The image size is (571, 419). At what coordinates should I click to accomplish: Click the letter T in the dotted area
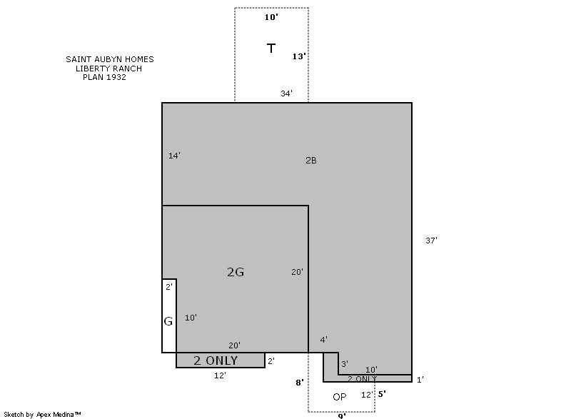(271, 48)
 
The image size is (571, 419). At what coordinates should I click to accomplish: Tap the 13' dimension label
(299, 56)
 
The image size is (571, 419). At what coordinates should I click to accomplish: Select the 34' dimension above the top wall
(286, 94)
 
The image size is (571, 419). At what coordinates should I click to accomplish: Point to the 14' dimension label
(174, 156)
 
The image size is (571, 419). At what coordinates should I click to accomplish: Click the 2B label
(311, 160)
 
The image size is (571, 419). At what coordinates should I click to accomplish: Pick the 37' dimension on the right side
(432, 241)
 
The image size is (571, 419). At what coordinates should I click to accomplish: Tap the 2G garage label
(236, 272)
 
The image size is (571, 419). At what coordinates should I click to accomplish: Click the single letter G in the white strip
(168, 321)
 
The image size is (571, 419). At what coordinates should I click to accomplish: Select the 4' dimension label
(323, 340)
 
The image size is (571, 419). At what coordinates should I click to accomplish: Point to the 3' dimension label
(345, 363)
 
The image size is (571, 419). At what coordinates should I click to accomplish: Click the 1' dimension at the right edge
(420, 380)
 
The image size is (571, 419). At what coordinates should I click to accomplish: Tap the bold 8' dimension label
(299, 383)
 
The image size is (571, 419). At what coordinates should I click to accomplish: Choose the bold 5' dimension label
(382, 394)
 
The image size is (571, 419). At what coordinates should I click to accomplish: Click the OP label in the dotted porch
(340, 397)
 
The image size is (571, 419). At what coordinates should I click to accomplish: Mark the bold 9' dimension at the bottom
(342, 416)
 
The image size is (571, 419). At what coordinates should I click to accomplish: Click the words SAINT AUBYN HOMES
(110, 59)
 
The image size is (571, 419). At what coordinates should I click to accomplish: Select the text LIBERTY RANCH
(108, 69)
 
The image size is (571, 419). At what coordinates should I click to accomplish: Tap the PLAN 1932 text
(104, 77)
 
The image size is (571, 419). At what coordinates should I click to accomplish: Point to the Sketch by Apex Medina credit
(42, 414)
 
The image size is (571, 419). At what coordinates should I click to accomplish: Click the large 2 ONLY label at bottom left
(216, 360)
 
